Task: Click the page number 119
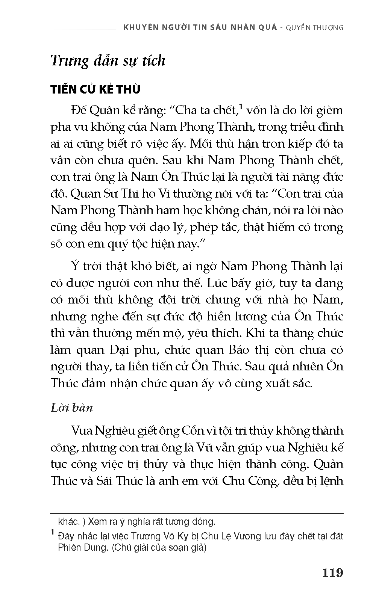click(333, 573)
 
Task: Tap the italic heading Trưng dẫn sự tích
click(108, 60)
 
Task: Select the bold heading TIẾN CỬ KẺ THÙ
click(96, 89)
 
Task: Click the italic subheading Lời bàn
click(71, 408)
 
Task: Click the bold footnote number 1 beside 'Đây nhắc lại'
click(53, 532)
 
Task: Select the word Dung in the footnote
click(94, 547)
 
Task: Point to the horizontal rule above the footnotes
click(197, 513)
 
